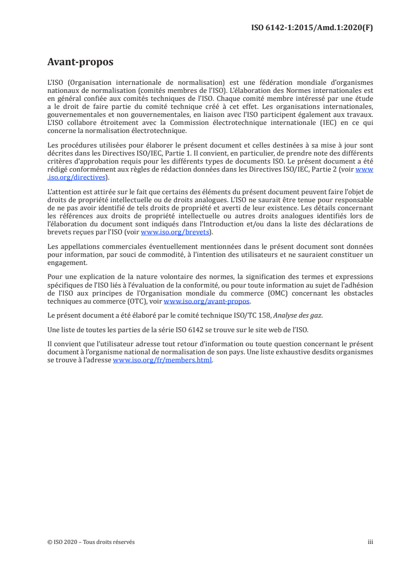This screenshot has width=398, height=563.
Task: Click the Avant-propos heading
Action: click(80, 62)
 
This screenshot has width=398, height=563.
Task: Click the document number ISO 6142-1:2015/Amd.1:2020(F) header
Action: click(312, 28)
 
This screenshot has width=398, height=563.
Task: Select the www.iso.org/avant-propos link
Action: click(207, 302)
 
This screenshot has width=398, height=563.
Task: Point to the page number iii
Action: click(371, 542)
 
